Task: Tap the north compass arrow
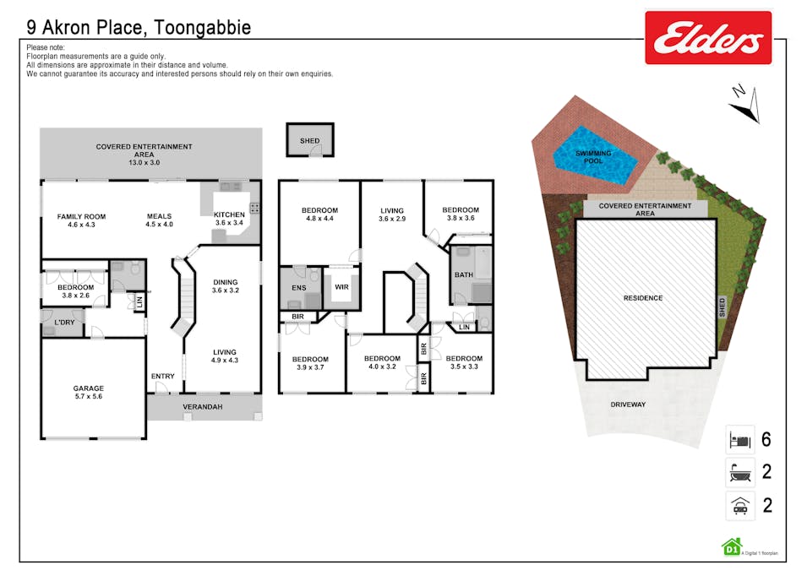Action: [744, 103]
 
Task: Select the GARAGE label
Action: [88, 388]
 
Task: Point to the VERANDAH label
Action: [204, 407]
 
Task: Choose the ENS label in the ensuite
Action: [298, 288]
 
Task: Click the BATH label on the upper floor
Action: [463, 274]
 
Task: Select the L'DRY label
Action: [63, 323]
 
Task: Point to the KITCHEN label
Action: [229, 214]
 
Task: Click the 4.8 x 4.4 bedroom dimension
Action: [319, 219]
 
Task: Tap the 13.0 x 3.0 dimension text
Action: [144, 161]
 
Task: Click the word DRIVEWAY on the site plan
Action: [627, 404]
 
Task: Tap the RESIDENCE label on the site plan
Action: [643, 298]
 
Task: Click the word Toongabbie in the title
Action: [203, 27]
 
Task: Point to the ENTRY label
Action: [162, 376]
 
